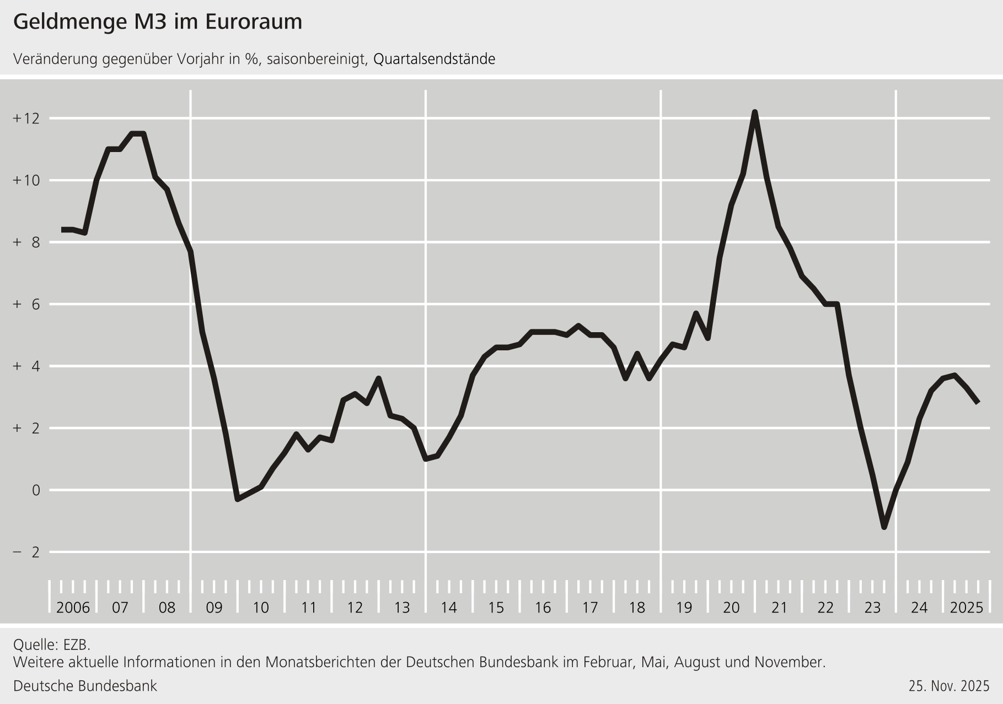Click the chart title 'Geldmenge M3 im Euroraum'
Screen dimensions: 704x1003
click(x=158, y=22)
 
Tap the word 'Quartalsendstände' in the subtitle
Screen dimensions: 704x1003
click(x=434, y=59)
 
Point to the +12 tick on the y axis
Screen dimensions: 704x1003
click(x=26, y=118)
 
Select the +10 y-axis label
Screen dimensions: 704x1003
click(x=26, y=180)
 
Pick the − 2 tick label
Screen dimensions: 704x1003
click(x=26, y=552)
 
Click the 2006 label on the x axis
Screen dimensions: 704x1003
click(x=73, y=608)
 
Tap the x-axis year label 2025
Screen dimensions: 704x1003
click(x=967, y=608)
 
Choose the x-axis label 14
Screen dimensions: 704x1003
click(x=449, y=608)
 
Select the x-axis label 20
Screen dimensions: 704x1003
click(x=731, y=608)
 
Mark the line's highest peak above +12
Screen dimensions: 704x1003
click(x=754, y=112)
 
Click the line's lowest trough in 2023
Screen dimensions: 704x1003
click(x=884, y=527)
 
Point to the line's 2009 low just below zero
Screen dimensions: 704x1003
click(x=238, y=499)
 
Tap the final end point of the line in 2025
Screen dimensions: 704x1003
click(x=978, y=403)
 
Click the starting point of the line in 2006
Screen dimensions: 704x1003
click(x=62, y=230)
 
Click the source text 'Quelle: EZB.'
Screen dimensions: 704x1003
click(x=51, y=645)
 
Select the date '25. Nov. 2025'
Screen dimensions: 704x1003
click(x=949, y=686)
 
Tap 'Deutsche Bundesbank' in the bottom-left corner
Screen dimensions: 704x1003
click(x=85, y=686)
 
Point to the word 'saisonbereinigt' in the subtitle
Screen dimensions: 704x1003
click(x=317, y=59)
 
